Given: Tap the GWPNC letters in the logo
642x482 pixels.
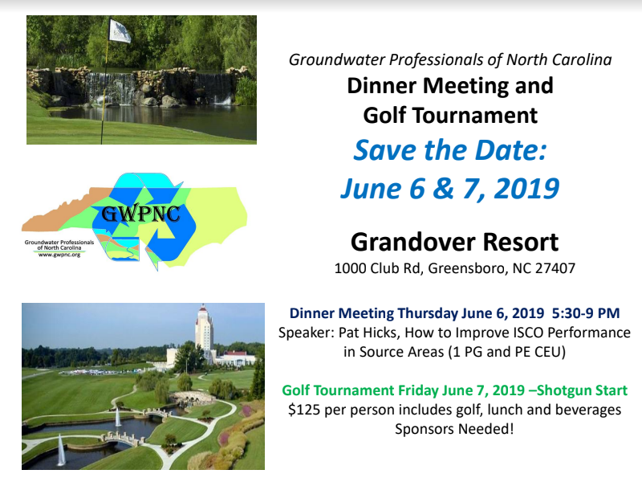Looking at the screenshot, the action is pyautogui.click(x=140, y=214).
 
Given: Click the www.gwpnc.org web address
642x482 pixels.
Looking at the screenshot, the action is pyautogui.click(x=59, y=255).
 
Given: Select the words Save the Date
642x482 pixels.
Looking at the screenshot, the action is pyautogui.click(x=450, y=150).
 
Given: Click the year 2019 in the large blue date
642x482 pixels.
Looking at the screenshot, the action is pyautogui.click(x=526, y=188).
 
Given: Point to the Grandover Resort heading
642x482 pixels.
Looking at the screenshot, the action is pyautogui.click(x=454, y=242).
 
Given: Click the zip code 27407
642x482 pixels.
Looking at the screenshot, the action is pyautogui.click(x=555, y=268).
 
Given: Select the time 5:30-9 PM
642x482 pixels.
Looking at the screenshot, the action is pyautogui.click(x=586, y=313).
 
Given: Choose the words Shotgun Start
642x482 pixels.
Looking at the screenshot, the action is pyautogui.click(x=582, y=390).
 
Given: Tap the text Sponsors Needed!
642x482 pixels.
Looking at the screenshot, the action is pyautogui.click(x=454, y=429).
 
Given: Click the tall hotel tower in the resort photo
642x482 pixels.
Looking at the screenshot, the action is pyautogui.click(x=204, y=332).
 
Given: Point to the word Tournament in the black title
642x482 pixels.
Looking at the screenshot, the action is pyautogui.click(x=474, y=115).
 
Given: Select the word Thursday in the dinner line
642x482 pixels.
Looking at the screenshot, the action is pyautogui.click(x=428, y=313).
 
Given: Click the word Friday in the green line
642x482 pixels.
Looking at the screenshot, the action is pyautogui.click(x=416, y=390).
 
